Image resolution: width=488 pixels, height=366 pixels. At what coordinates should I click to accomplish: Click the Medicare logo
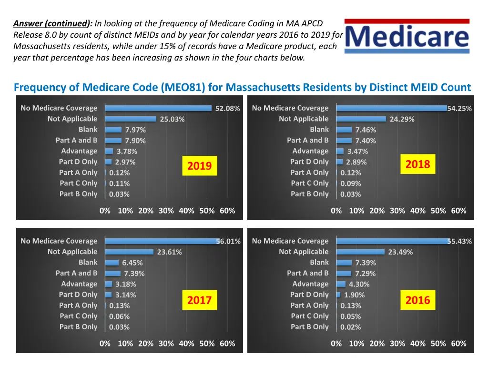(407, 36)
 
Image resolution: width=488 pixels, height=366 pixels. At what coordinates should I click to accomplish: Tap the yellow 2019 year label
(199, 166)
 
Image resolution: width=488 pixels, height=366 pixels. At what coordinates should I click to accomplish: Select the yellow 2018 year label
(417, 164)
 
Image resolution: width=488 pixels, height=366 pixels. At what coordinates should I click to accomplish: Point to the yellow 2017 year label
(199, 300)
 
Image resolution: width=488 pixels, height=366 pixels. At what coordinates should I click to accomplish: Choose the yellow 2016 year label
(417, 300)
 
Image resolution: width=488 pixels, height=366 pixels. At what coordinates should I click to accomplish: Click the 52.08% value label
(227, 109)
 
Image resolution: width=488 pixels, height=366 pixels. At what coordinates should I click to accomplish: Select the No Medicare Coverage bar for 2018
(391, 108)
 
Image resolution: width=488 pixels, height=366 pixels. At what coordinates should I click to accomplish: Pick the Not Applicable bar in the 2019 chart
(131, 119)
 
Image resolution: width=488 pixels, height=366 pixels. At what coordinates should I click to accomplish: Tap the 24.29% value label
(402, 119)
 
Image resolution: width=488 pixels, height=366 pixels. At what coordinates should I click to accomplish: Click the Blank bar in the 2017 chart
(112, 263)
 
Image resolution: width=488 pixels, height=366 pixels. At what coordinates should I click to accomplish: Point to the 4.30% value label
(359, 285)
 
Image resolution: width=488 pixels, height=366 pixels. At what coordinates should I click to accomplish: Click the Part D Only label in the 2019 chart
(78, 162)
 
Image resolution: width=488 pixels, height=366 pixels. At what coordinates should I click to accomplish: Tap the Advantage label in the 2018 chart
(310, 151)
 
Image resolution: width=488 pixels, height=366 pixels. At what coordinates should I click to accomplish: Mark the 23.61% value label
(169, 253)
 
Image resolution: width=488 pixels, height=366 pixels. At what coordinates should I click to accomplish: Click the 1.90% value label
(354, 295)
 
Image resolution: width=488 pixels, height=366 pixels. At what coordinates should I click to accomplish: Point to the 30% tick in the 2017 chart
(166, 344)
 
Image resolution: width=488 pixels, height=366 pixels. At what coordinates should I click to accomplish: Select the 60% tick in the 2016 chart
(458, 344)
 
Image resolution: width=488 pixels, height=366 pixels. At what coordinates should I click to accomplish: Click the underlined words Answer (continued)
(53, 23)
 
